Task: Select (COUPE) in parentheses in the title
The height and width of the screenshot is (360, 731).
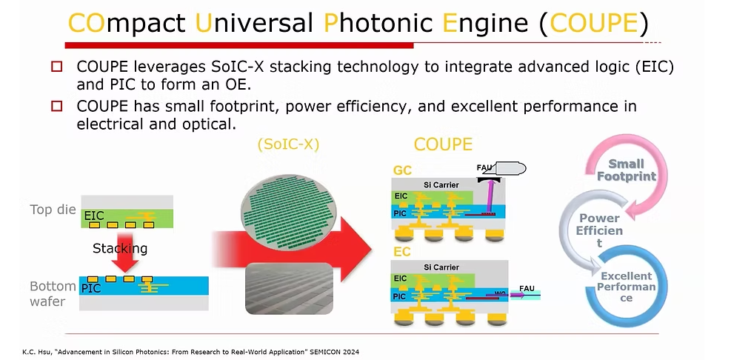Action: pyautogui.click(x=593, y=24)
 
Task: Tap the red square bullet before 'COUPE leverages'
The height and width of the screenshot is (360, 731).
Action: pyautogui.click(x=57, y=67)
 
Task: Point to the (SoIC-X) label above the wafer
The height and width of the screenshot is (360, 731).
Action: pyautogui.click(x=287, y=145)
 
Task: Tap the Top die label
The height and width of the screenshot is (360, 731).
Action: pyautogui.click(x=52, y=210)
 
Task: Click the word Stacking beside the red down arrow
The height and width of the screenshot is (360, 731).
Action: pyautogui.click(x=119, y=247)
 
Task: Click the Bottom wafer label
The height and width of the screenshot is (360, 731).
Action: pyautogui.click(x=53, y=293)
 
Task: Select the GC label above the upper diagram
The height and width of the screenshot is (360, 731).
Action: pyautogui.click(x=402, y=170)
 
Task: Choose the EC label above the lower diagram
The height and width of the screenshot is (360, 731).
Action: pyautogui.click(x=402, y=251)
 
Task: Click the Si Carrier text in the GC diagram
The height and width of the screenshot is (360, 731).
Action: pyautogui.click(x=441, y=184)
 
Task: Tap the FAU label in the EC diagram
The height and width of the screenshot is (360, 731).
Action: pyautogui.click(x=527, y=288)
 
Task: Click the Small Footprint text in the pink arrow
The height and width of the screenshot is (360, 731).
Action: pyautogui.click(x=626, y=170)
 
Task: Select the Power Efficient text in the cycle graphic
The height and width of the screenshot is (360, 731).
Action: pyautogui.click(x=600, y=230)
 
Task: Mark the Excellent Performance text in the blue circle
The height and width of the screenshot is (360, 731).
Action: pyautogui.click(x=627, y=287)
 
